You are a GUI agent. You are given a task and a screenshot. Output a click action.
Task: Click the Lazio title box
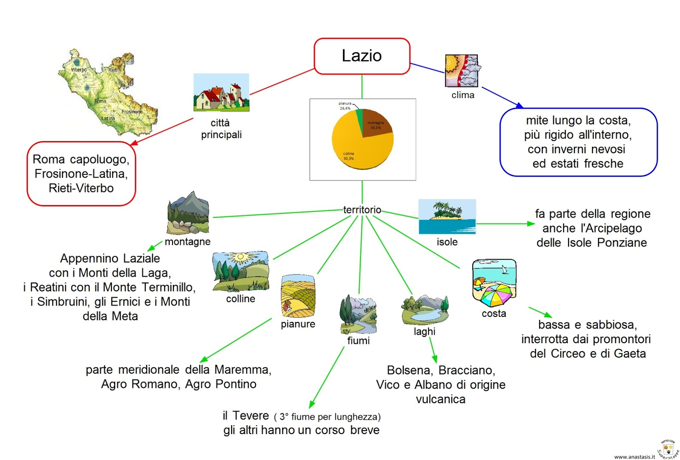pyautogui.click(x=362, y=56)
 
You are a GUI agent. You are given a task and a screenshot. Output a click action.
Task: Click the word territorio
pyautogui.click(x=362, y=210)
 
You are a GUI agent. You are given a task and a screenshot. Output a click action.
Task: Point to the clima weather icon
pyautogui.click(x=462, y=71)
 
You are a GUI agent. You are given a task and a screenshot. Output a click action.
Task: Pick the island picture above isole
pyautogui.click(x=447, y=217)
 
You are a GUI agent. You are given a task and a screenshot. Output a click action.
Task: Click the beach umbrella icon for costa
pyautogui.click(x=494, y=283)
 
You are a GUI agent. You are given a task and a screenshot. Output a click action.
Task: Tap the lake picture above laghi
pyautogui.click(x=425, y=309)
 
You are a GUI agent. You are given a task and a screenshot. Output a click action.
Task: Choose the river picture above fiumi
pyautogui.click(x=358, y=314)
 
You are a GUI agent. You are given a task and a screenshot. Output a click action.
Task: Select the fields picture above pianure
pyautogui.click(x=298, y=296)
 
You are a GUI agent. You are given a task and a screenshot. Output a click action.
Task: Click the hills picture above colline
pyautogui.click(x=241, y=271)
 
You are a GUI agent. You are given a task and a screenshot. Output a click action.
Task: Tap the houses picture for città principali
pyautogui.click(x=221, y=93)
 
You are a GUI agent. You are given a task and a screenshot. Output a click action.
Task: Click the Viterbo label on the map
pyautogui.click(x=79, y=70)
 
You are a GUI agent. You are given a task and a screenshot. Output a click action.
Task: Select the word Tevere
pyautogui.click(x=251, y=415)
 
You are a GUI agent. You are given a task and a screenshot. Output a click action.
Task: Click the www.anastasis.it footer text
pyautogui.click(x=635, y=457)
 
